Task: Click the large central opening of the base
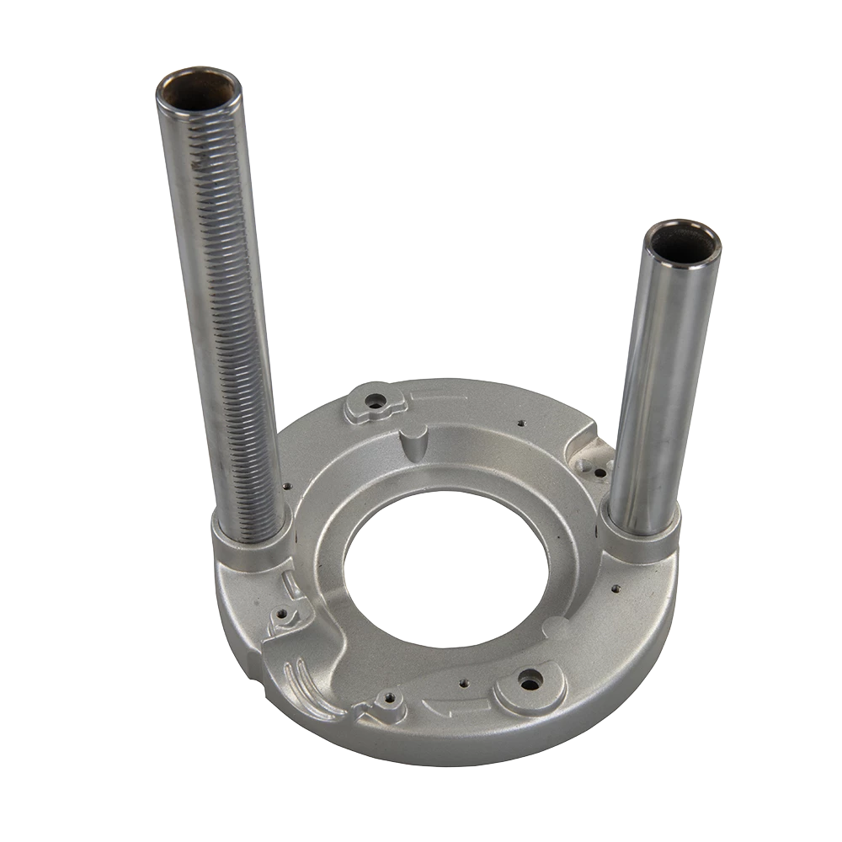pyautogui.click(x=446, y=573)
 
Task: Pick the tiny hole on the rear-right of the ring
pyautogui.click(x=523, y=423)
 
